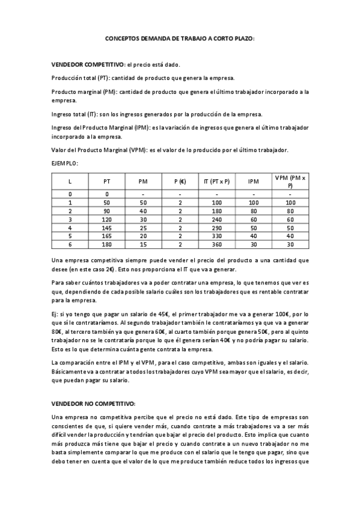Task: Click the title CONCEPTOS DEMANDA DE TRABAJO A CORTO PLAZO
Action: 180,37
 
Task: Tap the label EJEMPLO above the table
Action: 65,162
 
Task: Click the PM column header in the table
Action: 143,181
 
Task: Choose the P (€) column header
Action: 180,181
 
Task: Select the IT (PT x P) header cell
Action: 217,181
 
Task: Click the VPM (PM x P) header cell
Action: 290,181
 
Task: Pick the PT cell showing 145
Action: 107,228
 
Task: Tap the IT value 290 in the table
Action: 217,228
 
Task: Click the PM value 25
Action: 143,228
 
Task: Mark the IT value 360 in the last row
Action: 217,245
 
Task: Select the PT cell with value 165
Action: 107,236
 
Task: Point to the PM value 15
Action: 143,245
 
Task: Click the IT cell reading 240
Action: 217,220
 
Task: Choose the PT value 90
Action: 107,211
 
